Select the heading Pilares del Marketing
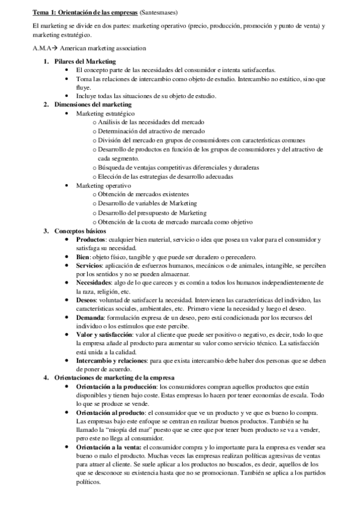84,61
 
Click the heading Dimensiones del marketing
88,105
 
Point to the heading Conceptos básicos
79,231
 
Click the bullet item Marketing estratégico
105,113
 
